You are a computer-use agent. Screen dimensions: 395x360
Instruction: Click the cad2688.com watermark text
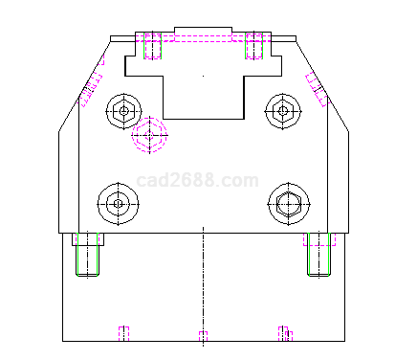pos(197,181)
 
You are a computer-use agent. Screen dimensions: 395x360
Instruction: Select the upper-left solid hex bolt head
pos(123,111)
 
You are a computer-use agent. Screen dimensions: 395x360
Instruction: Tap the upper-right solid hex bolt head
pos(283,111)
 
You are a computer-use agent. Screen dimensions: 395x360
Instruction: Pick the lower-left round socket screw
pos(119,204)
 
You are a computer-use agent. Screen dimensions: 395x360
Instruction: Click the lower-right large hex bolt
pos(289,204)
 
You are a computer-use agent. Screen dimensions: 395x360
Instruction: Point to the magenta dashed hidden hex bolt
pos(149,135)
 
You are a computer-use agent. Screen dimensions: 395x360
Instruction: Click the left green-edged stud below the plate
pos(87,255)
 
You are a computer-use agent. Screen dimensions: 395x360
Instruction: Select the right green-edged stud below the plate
pos(318,255)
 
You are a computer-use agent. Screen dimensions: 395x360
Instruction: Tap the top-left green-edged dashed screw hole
pos(152,45)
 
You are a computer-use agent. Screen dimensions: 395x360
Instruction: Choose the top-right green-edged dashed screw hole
pos(254,45)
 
